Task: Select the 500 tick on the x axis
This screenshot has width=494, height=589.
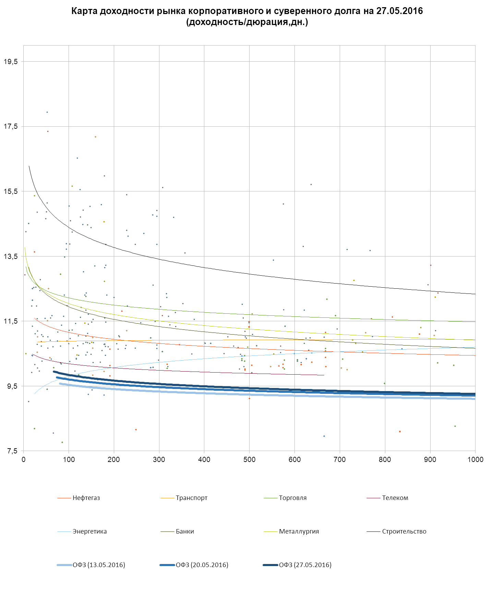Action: click(x=249, y=460)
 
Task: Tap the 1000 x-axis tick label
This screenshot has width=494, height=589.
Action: click(x=475, y=460)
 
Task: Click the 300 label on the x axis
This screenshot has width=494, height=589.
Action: click(x=159, y=460)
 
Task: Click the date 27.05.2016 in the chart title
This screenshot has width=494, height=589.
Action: click(x=399, y=11)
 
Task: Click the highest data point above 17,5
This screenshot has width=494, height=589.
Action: click(x=47, y=112)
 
